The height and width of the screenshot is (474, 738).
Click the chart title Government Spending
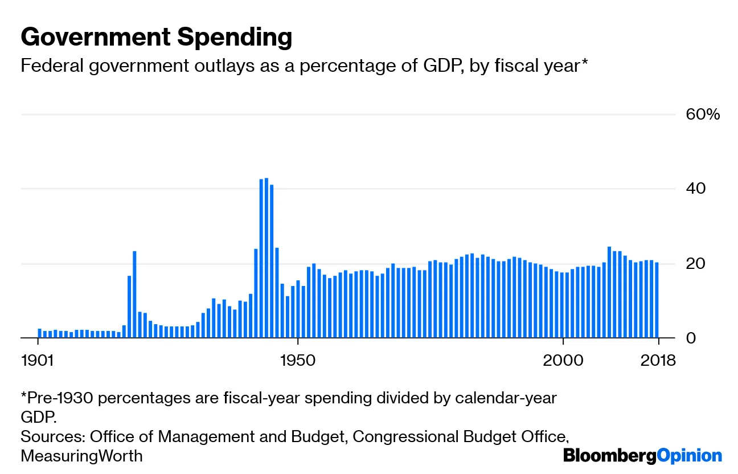(157, 38)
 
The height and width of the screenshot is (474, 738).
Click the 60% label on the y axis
(703, 115)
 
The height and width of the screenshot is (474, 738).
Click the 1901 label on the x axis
(38, 361)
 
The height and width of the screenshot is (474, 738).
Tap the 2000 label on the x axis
(563, 361)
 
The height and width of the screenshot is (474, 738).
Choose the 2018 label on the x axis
(657, 361)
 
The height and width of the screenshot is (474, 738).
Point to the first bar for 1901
(40, 333)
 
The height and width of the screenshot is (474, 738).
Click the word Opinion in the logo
(689, 456)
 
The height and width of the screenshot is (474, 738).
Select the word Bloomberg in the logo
(609, 456)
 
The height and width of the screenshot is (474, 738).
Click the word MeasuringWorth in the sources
(81, 456)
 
